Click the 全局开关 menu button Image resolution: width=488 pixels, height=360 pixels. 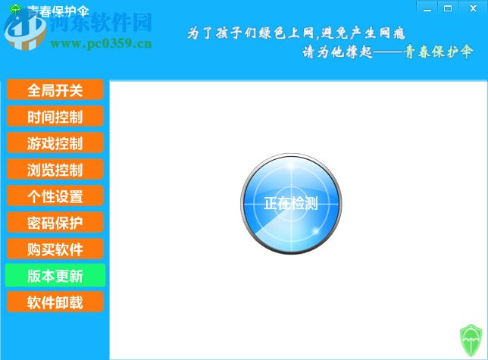(55, 90)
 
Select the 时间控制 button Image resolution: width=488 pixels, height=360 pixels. (55, 117)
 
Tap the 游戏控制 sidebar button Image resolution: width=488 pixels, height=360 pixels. (55, 143)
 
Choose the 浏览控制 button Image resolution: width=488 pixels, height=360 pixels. (55, 170)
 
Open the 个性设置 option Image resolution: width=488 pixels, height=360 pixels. (55, 196)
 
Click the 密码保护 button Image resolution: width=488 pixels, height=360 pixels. (55, 223)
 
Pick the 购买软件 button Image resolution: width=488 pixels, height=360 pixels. (55, 249)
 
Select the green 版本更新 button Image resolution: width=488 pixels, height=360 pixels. (55, 276)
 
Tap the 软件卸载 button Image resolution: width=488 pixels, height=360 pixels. (55, 302)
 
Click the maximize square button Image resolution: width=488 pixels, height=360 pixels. (448, 8)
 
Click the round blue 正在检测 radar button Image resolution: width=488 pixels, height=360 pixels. (291, 203)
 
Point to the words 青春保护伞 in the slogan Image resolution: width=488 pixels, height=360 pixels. (439, 52)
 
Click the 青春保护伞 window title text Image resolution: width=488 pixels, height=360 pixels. (58, 11)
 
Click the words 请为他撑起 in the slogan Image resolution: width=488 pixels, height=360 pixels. (336, 53)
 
